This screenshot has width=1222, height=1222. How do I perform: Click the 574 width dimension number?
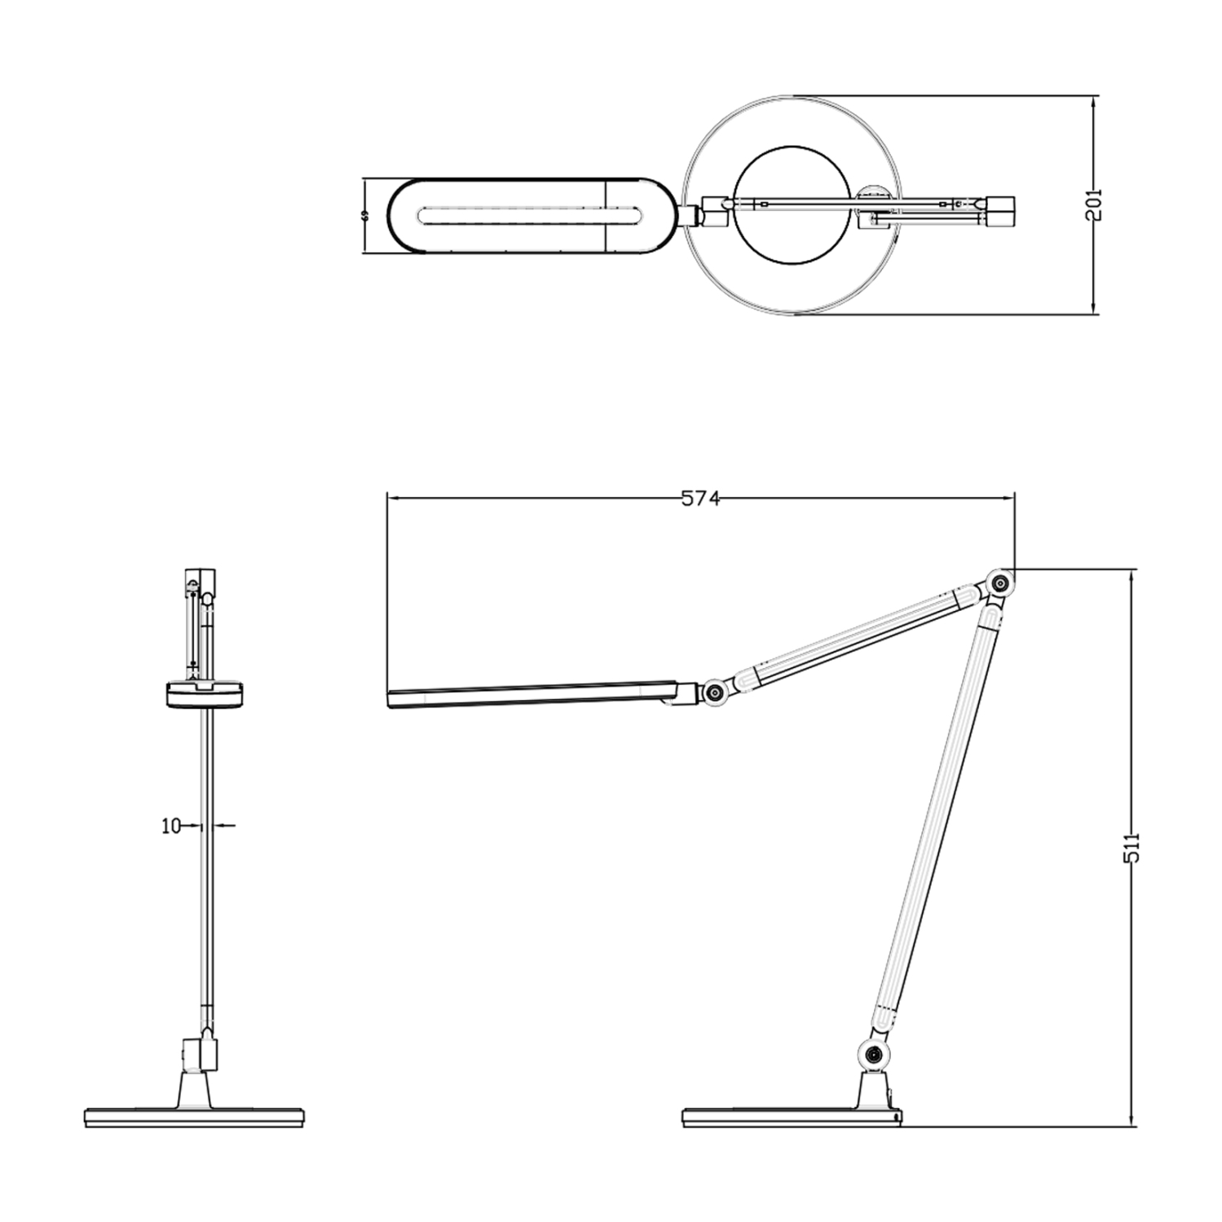coord(700,499)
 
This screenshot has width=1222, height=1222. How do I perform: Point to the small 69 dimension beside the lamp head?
coord(365,216)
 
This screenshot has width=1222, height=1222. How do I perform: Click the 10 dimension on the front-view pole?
coord(170,826)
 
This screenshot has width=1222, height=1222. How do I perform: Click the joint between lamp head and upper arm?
coord(715,692)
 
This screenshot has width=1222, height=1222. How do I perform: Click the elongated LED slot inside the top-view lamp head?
coord(530,216)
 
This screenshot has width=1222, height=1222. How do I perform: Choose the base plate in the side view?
coord(791,1117)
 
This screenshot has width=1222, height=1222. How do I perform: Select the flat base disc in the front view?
coord(194,1117)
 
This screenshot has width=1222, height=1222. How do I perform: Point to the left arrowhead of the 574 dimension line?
coord(392,499)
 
